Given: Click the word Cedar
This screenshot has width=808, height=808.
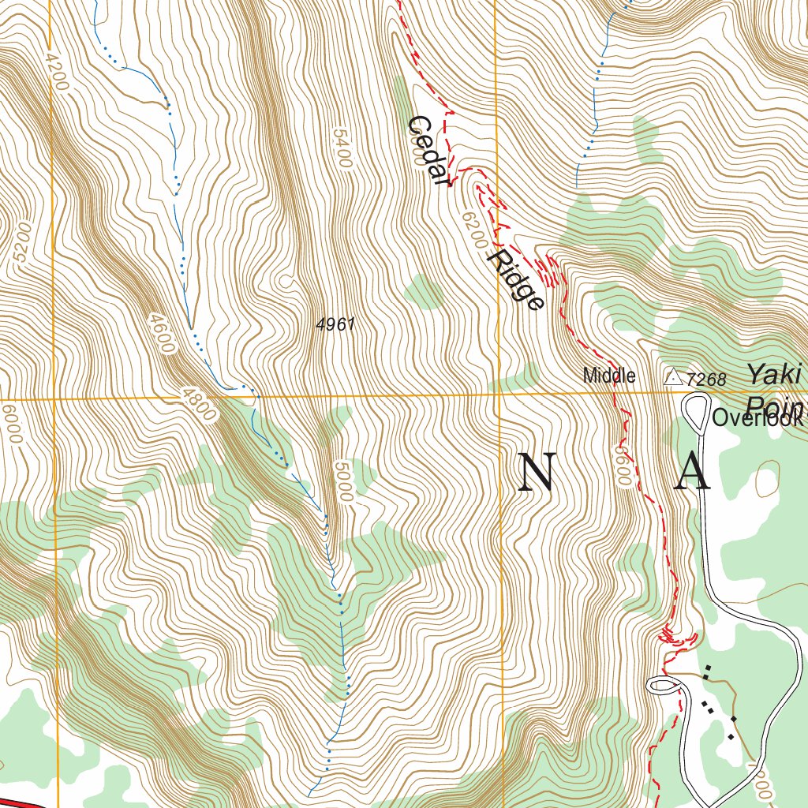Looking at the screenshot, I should point(430,151).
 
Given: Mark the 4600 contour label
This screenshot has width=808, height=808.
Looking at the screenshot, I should point(161,332).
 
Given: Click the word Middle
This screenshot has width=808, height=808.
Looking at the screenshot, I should point(609,376).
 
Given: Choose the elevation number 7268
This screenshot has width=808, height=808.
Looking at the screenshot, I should point(705,380).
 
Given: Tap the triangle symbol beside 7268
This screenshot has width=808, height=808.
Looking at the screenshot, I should point(673,378).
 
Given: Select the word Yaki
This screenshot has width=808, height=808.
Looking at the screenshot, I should point(769,373).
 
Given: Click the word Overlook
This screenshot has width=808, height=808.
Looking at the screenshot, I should point(757,418).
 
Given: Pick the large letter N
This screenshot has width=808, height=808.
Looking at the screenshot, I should point(537,474).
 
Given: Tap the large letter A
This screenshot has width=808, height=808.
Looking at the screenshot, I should point(694,474).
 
